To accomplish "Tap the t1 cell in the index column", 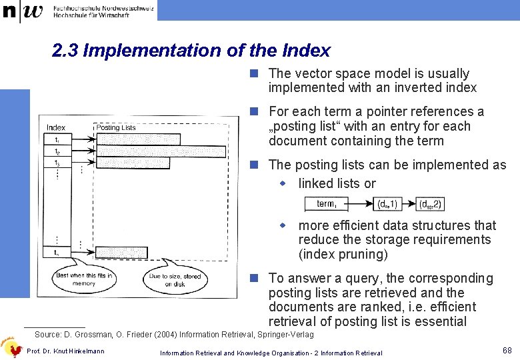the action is (x=57, y=140).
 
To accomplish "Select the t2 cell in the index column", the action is (x=57, y=151).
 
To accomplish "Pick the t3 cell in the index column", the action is (x=57, y=163).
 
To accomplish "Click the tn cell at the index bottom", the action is (x=57, y=253).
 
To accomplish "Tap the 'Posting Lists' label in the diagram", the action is (x=116, y=127).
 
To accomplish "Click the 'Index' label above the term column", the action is (x=56, y=127).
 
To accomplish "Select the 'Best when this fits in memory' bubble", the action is (x=85, y=279).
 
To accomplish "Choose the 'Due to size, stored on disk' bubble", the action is (x=175, y=279).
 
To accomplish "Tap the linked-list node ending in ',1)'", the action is (x=387, y=204).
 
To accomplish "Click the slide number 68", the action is (x=507, y=350).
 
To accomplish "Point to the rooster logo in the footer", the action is (x=11, y=345).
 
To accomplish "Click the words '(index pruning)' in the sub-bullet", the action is (x=343, y=254).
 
